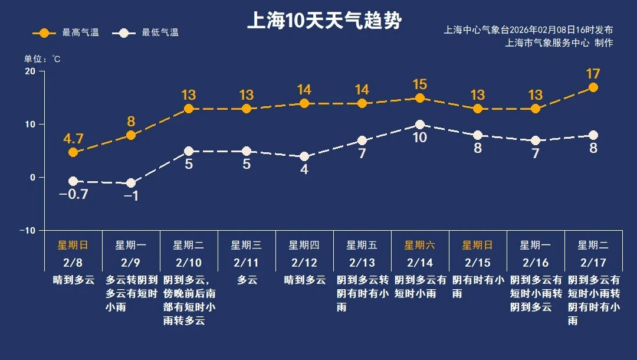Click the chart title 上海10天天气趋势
click(x=324, y=22)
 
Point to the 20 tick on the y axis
click(x=29, y=71)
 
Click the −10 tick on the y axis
click(x=27, y=230)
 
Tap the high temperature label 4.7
click(x=74, y=139)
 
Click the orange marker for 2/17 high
click(x=593, y=87)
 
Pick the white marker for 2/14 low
click(x=420, y=125)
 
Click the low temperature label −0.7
click(x=74, y=194)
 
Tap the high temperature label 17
click(x=593, y=74)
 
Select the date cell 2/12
click(x=304, y=262)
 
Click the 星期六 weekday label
click(x=419, y=245)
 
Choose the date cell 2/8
click(x=73, y=262)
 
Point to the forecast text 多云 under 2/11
click(x=247, y=280)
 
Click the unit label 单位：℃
click(x=42, y=59)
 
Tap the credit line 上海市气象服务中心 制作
click(x=559, y=43)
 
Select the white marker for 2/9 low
click(x=131, y=183)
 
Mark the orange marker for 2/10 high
click(x=189, y=109)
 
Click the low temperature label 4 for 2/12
click(x=304, y=169)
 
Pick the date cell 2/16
click(x=536, y=262)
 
